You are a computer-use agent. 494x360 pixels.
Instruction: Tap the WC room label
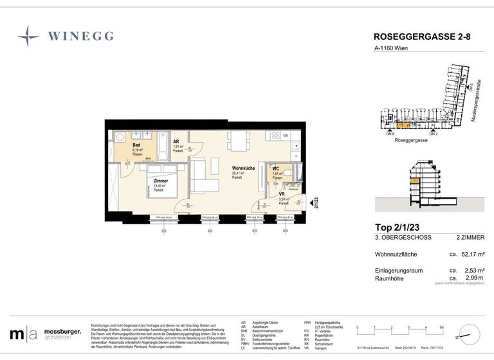[x=276, y=169]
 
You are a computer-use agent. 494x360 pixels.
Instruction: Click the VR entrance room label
[x=282, y=194]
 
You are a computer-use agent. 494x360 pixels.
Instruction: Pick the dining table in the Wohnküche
[x=239, y=141]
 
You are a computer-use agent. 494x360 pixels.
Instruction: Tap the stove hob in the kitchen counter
[x=278, y=136]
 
